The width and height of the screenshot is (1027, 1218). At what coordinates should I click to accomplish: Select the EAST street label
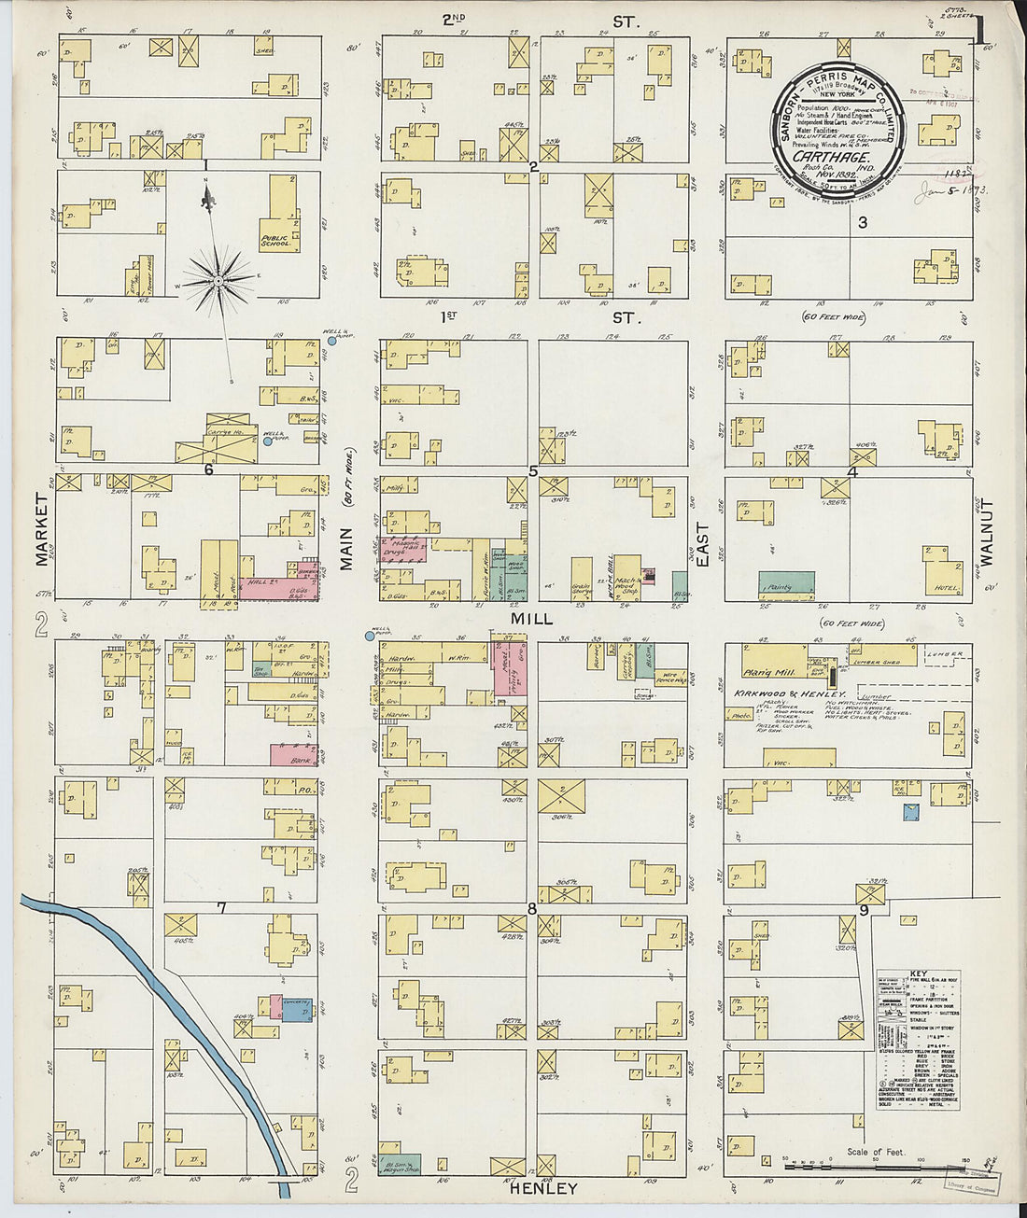click(702, 545)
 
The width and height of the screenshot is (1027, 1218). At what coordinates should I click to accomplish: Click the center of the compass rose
click(218, 280)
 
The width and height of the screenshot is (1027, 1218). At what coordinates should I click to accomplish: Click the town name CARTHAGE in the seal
click(819, 157)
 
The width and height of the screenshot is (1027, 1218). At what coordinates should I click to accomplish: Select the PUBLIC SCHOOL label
click(275, 242)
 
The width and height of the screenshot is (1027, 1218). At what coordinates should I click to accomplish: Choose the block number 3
click(862, 222)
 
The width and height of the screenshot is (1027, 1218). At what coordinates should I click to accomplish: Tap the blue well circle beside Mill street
click(371, 637)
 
